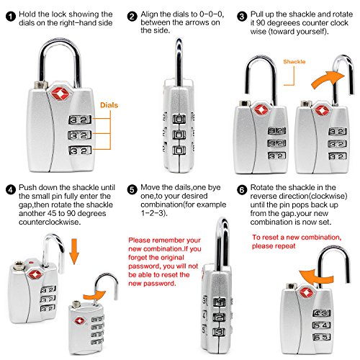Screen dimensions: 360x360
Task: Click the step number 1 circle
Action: pos(11,17)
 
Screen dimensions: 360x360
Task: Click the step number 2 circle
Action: pos(132,17)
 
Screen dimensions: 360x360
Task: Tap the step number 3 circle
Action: pos(242,17)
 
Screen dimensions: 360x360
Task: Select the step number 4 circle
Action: pos(11,190)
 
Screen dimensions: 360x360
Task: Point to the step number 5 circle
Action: pos(132,190)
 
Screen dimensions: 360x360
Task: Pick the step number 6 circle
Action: pos(242,190)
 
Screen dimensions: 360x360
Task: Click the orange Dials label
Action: pos(109,105)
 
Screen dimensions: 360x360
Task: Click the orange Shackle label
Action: pos(294,62)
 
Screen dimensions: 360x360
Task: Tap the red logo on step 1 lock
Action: pos(60,94)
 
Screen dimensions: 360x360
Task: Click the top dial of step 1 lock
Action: pos(80,120)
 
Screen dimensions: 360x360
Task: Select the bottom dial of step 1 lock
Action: pos(80,150)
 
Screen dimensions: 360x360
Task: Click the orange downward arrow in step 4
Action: pos(74,251)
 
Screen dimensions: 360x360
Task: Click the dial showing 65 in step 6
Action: pos(322,337)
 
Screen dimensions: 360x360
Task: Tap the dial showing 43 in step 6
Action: pos(322,313)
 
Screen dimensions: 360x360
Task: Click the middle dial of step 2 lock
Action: pos(179,135)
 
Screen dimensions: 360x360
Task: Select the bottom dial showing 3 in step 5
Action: pos(219,332)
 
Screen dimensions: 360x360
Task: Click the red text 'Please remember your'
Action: pos(164,240)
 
